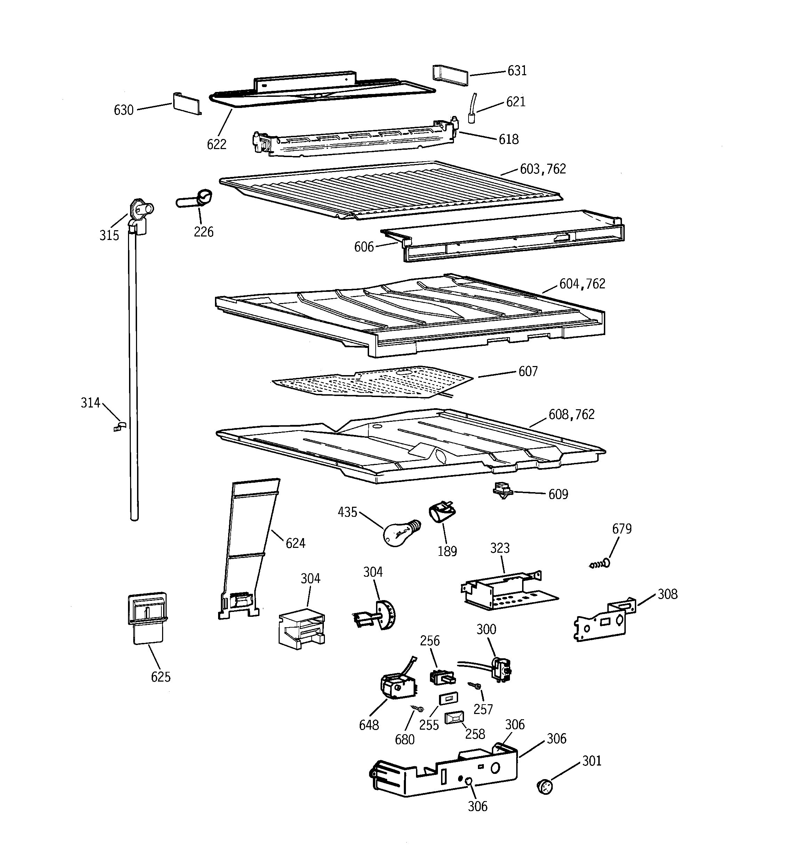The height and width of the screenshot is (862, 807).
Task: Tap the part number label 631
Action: pos(517,71)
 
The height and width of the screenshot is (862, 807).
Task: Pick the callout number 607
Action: pos(528,371)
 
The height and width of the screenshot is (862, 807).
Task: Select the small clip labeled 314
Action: pos(119,427)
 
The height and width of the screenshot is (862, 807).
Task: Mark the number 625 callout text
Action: pos(161,677)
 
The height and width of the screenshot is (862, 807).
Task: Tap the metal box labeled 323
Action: pos(507,592)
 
